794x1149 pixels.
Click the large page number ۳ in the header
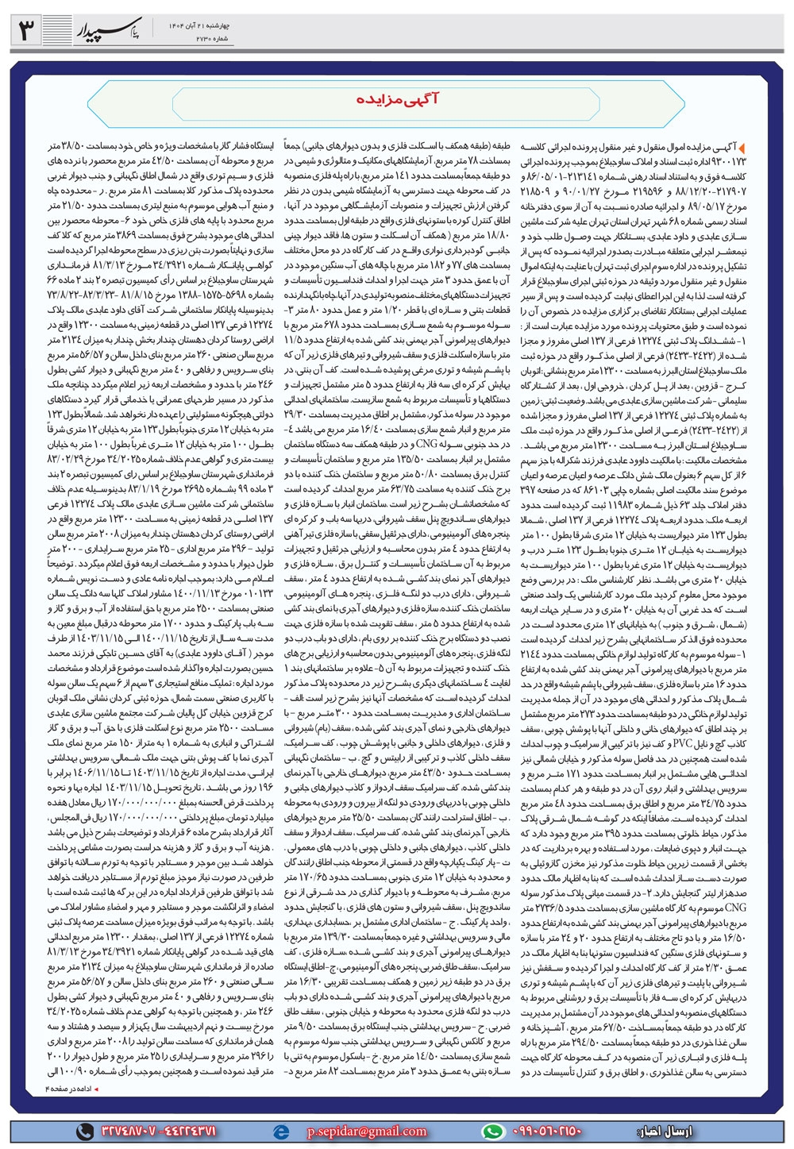point(25,32)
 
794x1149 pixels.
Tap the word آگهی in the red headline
point(422,102)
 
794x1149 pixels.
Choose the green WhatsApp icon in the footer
point(495,1130)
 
